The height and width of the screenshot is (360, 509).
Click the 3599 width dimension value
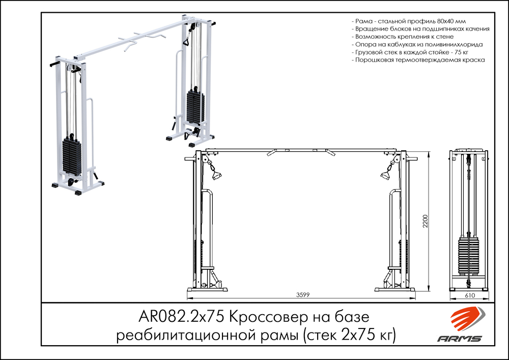303,295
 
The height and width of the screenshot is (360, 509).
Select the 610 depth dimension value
469,295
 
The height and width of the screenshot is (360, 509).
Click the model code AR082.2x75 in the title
181,318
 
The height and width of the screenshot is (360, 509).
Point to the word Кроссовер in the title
270,318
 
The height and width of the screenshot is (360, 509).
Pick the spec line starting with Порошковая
418,60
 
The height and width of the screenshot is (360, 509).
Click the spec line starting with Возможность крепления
402,37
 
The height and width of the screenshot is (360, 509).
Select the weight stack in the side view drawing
469,255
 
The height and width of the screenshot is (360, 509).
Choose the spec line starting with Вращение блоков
420,30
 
